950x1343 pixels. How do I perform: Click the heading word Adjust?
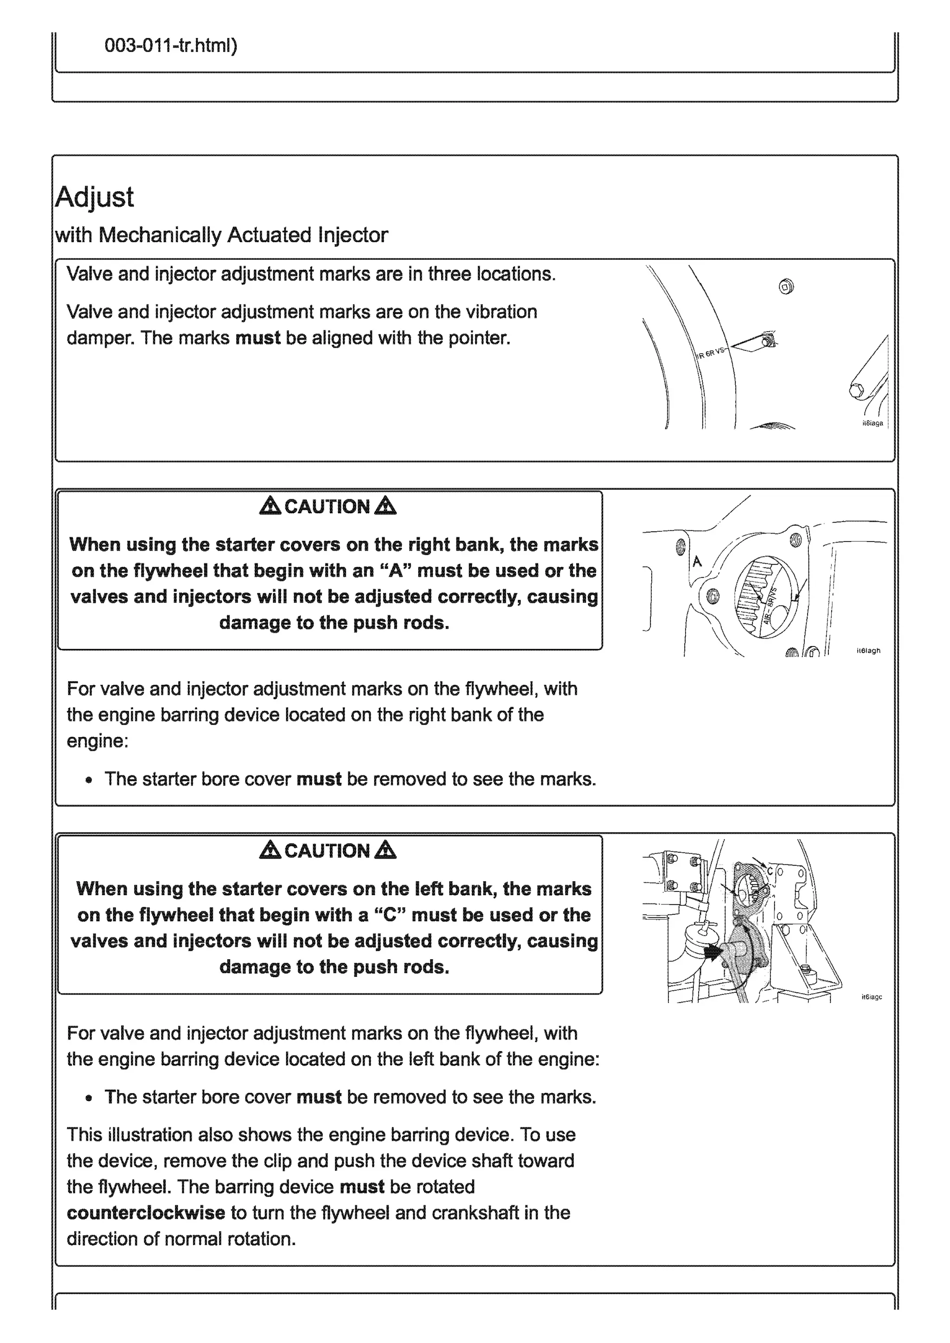(x=94, y=198)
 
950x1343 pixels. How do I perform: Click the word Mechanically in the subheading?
(x=159, y=235)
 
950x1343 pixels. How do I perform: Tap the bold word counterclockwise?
(x=146, y=1213)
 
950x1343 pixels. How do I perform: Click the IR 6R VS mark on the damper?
(x=710, y=354)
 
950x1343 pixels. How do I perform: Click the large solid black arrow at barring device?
(x=713, y=954)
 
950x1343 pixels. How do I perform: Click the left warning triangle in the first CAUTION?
(x=270, y=506)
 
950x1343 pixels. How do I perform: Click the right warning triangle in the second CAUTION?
(x=385, y=850)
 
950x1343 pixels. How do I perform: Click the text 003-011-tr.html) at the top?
(x=171, y=45)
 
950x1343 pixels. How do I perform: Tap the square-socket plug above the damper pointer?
(x=787, y=287)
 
